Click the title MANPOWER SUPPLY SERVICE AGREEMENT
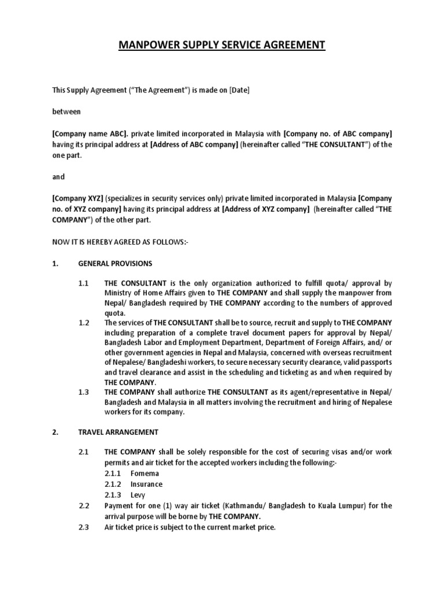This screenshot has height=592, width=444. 222,46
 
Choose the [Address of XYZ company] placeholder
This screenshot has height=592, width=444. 265,210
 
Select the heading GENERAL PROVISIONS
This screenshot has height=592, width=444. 115,264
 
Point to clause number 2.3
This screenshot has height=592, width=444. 84,527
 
